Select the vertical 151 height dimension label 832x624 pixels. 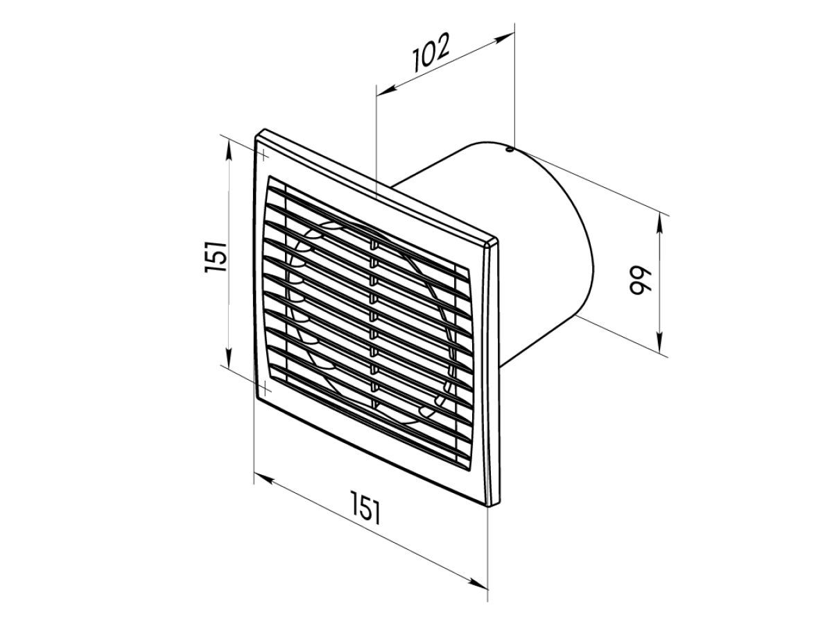tap(216, 257)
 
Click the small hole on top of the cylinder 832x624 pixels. tap(510, 150)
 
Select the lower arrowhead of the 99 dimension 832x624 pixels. tap(659, 343)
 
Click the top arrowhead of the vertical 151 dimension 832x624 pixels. tap(229, 150)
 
